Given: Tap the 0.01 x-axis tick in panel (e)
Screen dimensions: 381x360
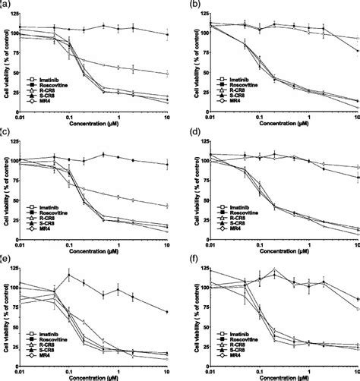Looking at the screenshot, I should click(x=28, y=370).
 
